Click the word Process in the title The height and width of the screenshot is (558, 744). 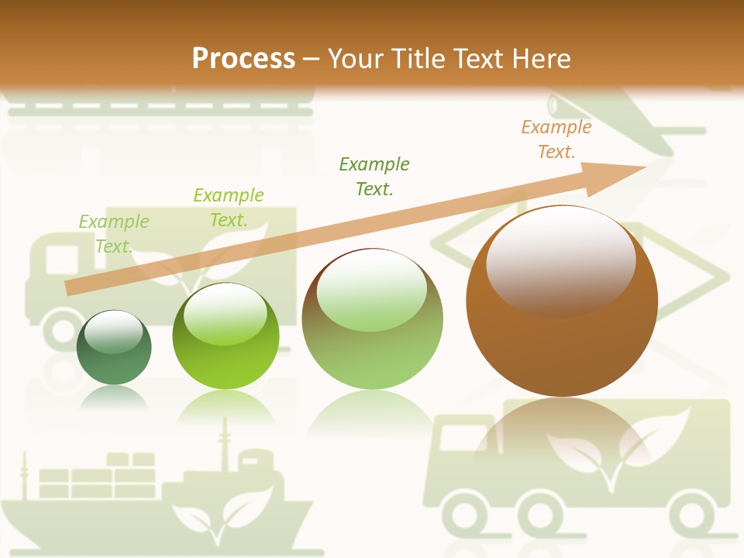point(243,58)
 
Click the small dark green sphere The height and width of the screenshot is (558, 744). point(114,348)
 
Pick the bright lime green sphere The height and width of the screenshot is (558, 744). point(226,336)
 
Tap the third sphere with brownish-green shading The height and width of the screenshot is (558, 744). point(372,319)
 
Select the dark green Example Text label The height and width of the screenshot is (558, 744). point(374,176)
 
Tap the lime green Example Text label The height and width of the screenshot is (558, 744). point(229,207)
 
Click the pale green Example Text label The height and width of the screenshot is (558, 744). point(114,233)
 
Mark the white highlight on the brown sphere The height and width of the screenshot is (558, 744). point(560,259)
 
